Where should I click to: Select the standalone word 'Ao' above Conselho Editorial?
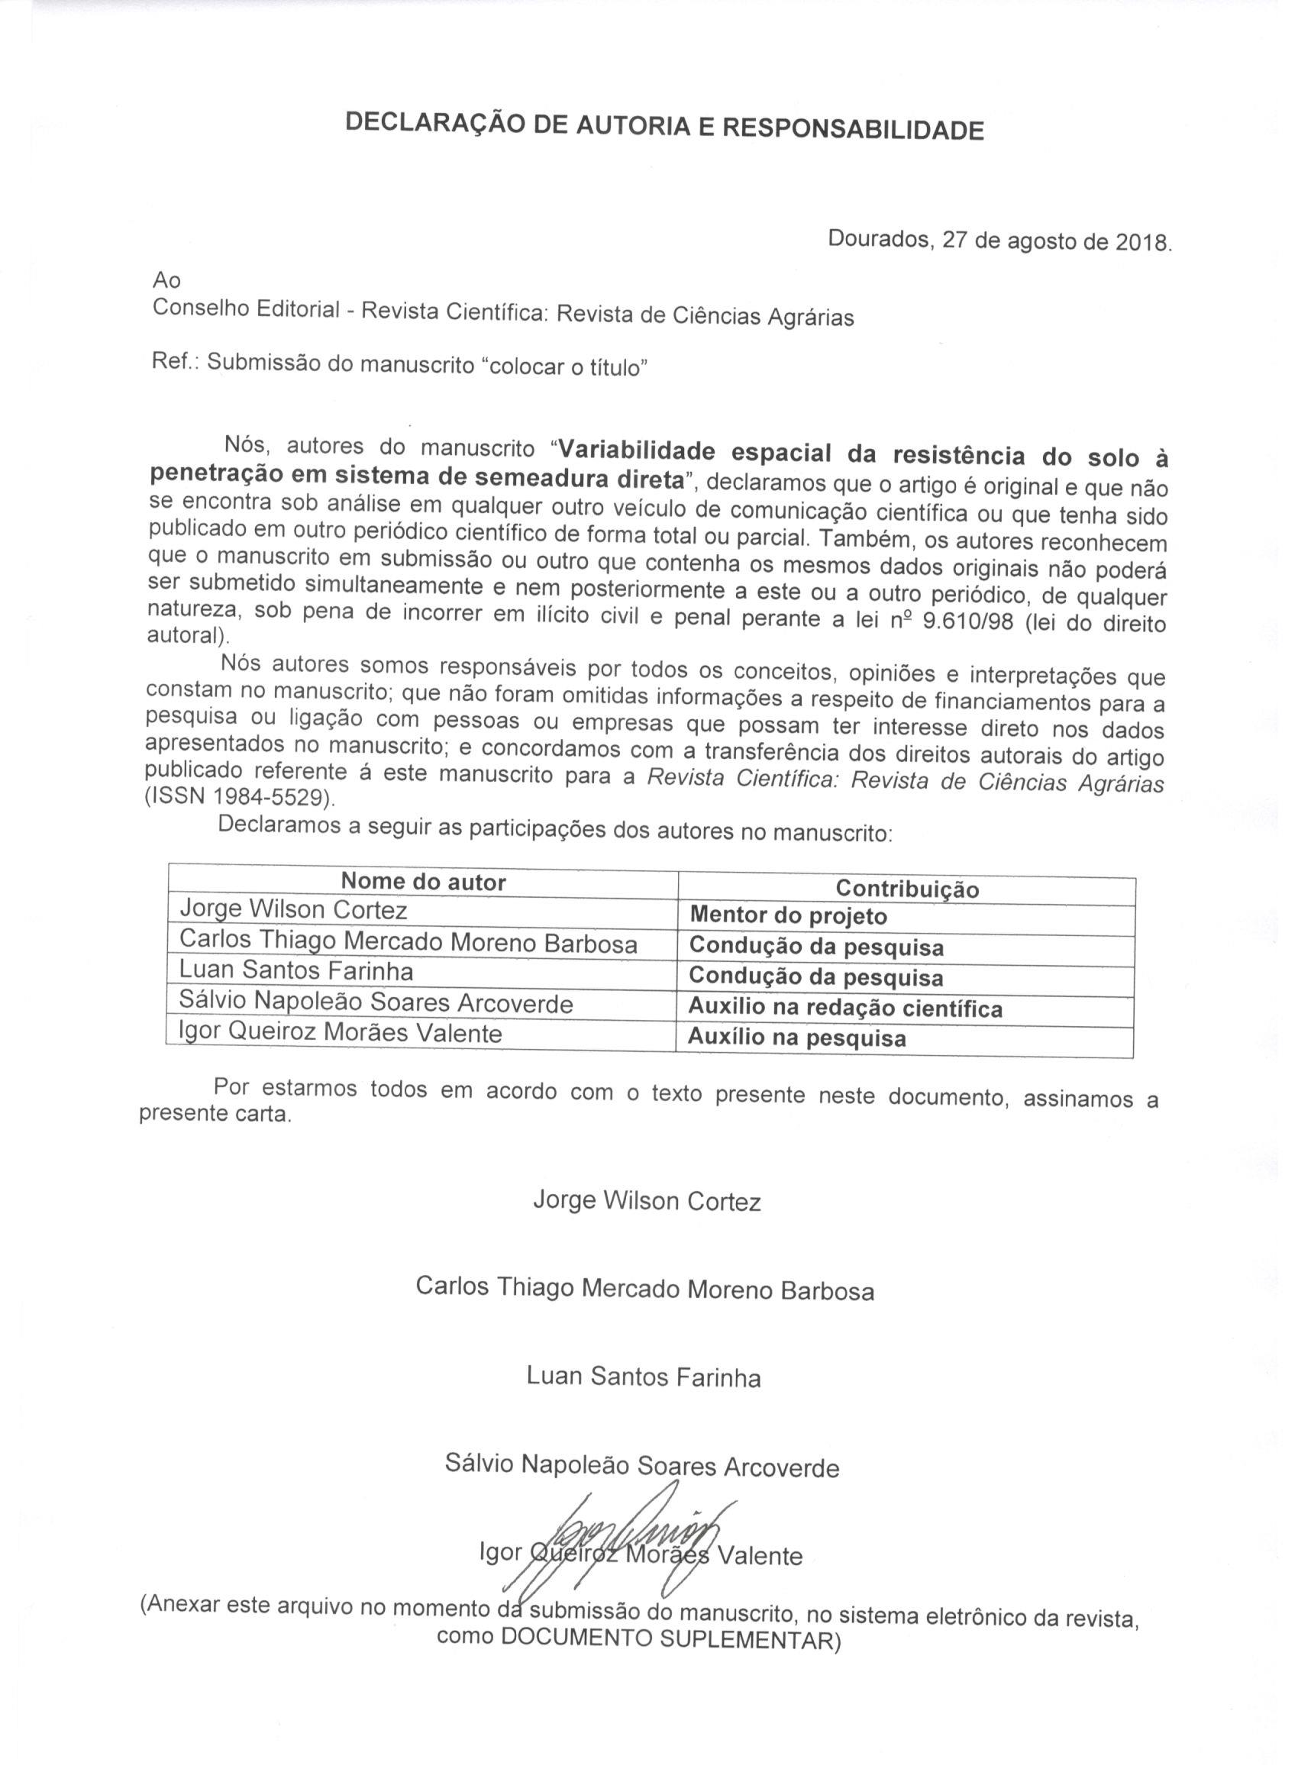pyautogui.click(x=167, y=279)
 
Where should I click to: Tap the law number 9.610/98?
pyautogui.click(x=973, y=621)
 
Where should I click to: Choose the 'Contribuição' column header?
pyautogui.click(x=907, y=889)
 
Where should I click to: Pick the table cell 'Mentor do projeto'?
pyautogui.click(x=788, y=916)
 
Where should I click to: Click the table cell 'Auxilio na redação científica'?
pyautogui.click(x=844, y=1009)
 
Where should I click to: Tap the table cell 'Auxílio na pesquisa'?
pyautogui.click(x=796, y=1038)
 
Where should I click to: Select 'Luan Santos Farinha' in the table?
pyautogui.click(x=297, y=971)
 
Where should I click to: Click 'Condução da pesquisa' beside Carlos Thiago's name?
pyautogui.click(x=816, y=947)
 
